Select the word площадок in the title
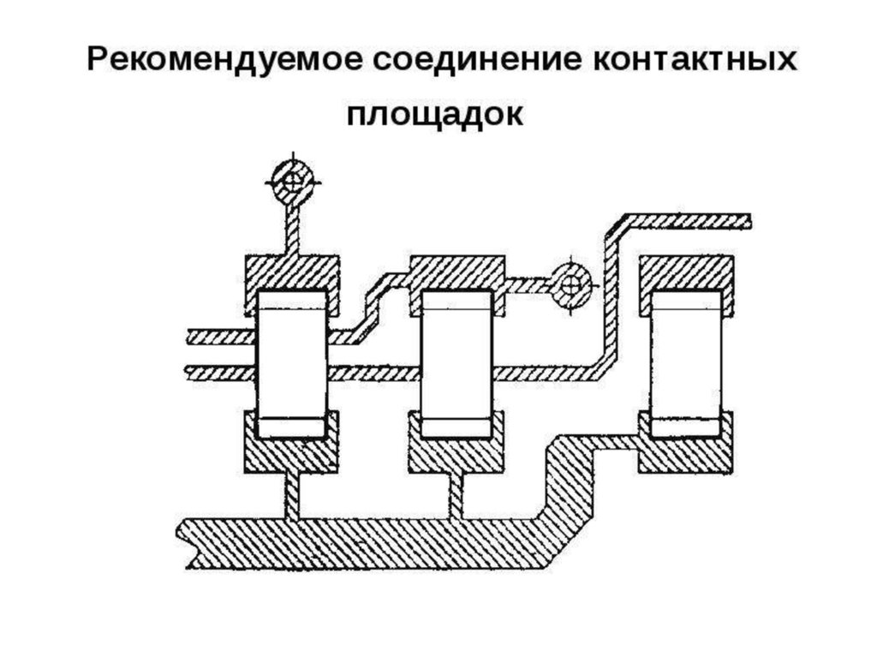434,114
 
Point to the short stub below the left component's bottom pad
293,495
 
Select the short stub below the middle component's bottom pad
456,495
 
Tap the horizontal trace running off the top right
685,220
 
